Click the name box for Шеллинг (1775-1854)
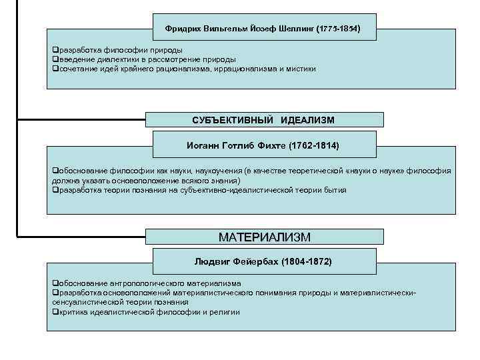click(263, 29)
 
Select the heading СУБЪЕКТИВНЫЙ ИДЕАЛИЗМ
click(263, 120)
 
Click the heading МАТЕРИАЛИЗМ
click(265, 237)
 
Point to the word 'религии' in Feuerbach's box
click(227, 312)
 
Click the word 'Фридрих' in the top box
click(181, 29)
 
